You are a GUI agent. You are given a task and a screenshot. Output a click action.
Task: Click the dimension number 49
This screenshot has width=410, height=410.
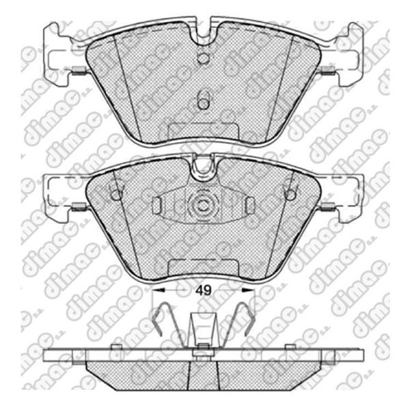pos(202,290)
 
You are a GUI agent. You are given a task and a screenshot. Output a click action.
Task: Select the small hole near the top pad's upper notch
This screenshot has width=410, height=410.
pos(202,58)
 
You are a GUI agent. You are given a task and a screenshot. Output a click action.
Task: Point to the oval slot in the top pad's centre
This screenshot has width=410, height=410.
pos(202,99)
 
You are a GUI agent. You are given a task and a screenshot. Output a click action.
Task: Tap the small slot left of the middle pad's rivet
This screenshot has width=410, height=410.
pos(156,205)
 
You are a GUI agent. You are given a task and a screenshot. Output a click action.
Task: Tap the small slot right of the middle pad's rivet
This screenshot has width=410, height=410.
pos(250,205)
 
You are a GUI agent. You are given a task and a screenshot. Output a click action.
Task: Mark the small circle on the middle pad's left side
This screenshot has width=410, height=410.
pos(115,194)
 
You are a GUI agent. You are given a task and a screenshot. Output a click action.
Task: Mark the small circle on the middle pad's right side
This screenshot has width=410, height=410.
pos(290,194)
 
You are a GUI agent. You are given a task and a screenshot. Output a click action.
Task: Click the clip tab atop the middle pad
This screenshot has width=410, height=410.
pos(202,168)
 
